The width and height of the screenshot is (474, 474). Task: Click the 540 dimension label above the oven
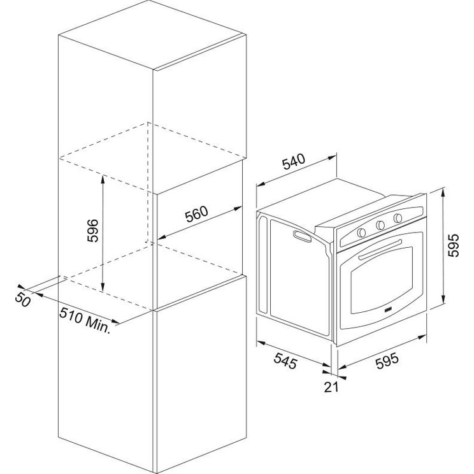[x=294, y=162]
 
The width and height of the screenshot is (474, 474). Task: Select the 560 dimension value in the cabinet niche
[x=196, y=213]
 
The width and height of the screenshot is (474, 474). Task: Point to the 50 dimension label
[x=22, y=299]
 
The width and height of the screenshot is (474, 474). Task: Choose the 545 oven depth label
[x=285, y=361]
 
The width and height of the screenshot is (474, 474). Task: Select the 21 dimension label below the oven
[x=331, y=387]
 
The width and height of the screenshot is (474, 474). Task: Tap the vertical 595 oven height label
[x=453, y=245]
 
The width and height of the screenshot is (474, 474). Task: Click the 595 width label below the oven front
[x=387, y=361]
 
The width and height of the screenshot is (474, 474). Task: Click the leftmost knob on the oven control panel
[x=361, y=233]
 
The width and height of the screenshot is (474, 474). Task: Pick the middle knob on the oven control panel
[x=380, y=225]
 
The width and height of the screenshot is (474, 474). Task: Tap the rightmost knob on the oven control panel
[x=398, y=218]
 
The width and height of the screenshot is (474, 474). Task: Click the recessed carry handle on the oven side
[x=302, y=236]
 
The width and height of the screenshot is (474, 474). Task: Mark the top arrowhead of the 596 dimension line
[x=103, y=179]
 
